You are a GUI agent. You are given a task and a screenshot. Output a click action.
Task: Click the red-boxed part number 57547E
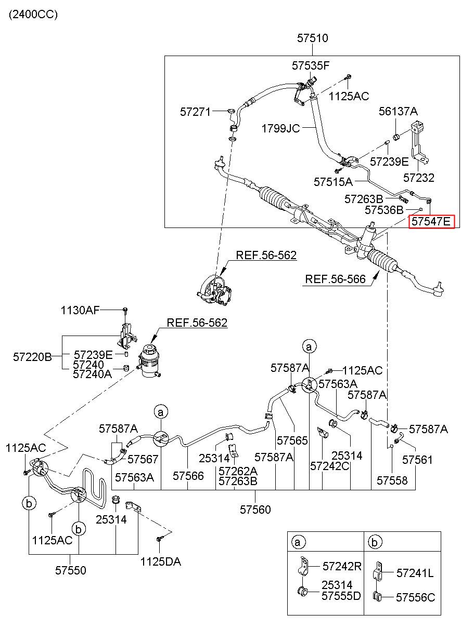(x=431, y=222)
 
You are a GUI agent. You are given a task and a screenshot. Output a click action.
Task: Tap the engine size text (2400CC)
(x=33, y=15)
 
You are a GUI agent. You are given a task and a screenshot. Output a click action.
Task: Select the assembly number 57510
(x=313, y=38)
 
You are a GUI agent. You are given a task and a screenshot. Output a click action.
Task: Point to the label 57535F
(x=311, y=66)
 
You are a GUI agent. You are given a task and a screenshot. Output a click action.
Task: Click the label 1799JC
(x=280, y=129)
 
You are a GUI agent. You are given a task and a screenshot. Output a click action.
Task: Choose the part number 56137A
(x=398, y=112)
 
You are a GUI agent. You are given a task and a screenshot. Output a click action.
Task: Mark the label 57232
(x=419, y=178)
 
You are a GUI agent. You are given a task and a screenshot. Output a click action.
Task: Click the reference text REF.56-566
(x=335, y=279)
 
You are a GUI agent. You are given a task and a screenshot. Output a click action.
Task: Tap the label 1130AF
(x=80, y=311)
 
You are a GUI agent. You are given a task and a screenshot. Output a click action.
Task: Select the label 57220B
(x=32, y=357)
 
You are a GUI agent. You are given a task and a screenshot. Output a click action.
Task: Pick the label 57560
(x=255, y=510)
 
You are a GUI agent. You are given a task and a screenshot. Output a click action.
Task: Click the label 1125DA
(x=161, y=561)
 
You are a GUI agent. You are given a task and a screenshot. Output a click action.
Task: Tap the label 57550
(x=71, y=570)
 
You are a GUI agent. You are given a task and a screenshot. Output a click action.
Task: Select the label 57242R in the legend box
(x=342, y=566)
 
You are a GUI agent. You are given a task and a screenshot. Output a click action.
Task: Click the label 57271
(x=195, y=112)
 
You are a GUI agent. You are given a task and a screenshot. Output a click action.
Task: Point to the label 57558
(x=392, y=481)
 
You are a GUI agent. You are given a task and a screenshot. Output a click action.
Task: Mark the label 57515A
(x=333, y=182)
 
